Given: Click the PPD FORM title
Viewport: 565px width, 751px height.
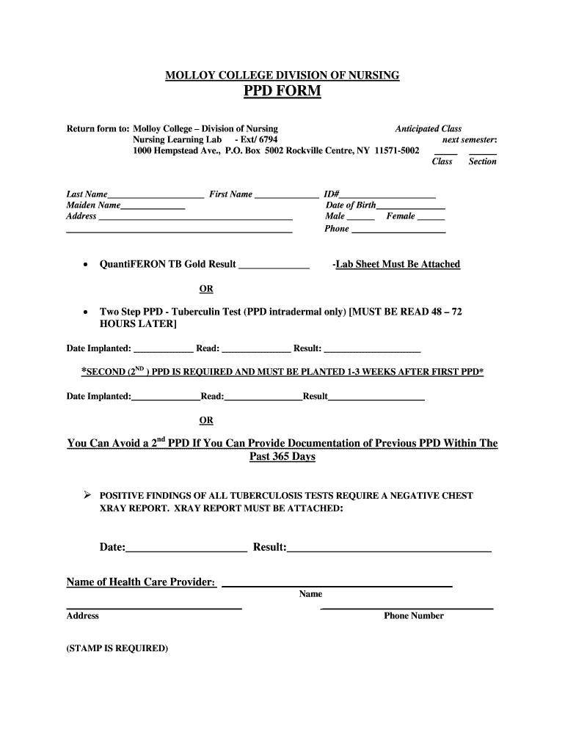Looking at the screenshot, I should pos(282,92).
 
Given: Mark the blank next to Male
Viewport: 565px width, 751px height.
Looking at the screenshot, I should pos(360,219).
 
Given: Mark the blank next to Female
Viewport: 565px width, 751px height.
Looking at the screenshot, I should pos(431,219).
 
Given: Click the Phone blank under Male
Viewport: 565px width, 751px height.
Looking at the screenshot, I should pos(398,231).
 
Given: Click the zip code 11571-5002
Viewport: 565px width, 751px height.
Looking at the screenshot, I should pos(397,150).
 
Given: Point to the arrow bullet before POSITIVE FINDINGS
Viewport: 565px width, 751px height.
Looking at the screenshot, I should pos(87,496).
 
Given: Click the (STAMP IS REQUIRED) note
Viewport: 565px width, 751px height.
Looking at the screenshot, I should pos(117,648).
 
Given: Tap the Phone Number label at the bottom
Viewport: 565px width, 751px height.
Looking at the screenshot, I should pos(413,616).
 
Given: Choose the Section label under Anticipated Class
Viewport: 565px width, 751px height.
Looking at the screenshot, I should pos(482,161).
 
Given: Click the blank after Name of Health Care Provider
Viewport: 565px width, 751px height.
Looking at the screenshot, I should pos(337,585).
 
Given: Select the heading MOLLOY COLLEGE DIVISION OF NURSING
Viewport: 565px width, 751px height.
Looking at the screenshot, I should pos(282,76).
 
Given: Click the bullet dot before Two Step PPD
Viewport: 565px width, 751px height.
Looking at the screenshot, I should pos(87,312).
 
